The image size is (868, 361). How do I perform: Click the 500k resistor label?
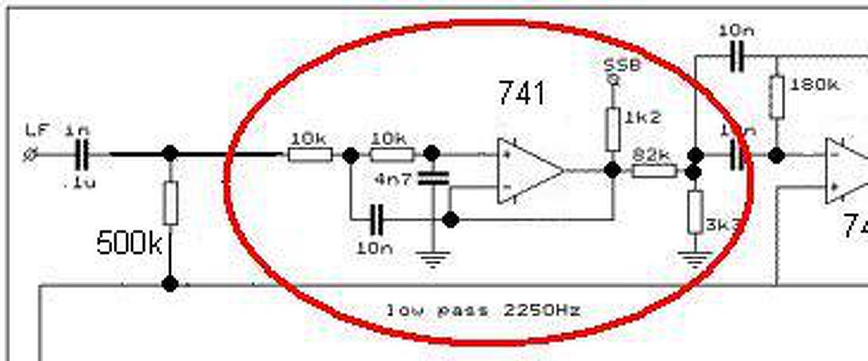(129, 242)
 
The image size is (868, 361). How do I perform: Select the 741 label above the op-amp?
(521, 93)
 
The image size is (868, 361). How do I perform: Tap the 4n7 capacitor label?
(393, 181)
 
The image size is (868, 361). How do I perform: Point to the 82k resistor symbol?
(654, 171)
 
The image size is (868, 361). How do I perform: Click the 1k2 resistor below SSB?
(613, 129)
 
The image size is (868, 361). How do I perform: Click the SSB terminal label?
(622, 66)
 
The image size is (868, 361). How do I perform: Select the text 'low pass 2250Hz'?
(483, 311)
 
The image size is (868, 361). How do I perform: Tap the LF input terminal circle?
(29, 155)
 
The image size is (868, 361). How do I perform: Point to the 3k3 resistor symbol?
(694, 212)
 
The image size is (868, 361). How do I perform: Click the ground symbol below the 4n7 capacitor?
(433, 259)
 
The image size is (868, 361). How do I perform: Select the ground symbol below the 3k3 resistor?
(694, 259)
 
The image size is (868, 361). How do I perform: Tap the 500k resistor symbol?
(170, 203)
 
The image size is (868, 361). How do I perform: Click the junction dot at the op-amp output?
(612, 170)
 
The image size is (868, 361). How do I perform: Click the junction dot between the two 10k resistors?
(350, 155)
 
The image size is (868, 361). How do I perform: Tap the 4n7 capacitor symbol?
(433, 178)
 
